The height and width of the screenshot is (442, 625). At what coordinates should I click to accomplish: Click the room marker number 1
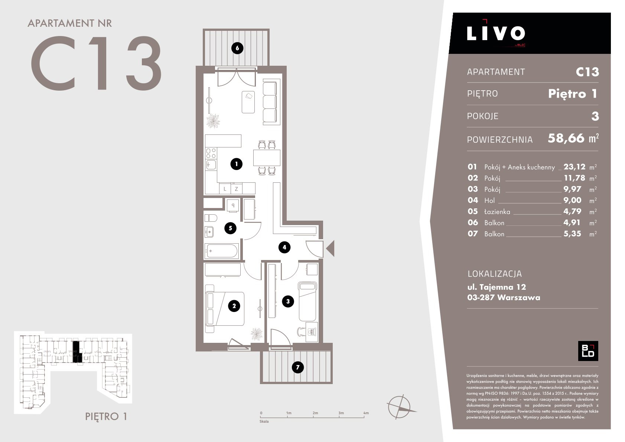pyautogui.click(x=236, y=164)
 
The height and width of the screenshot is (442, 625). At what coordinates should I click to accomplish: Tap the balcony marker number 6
pyautogui.click(x=237, y=48)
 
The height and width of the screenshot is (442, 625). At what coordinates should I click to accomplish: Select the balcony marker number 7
pyautogui.click(x=298, y=367)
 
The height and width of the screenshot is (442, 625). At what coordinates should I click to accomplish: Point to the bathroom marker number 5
pyautogui.click(x=231, y=228)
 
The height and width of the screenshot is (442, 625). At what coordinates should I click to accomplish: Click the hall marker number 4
pyautogui.click(x=284, y=247)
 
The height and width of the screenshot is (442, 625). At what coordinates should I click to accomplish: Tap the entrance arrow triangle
pyautogui.click(x=331, y=248)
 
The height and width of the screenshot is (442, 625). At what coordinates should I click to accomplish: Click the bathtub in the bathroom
pyautogui.click(x=222, y=251)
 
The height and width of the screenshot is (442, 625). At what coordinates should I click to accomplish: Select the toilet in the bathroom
pyautogui.click(x=211, y=218)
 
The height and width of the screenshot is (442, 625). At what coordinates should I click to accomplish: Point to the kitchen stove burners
pyautogui.click(x=211, y=153)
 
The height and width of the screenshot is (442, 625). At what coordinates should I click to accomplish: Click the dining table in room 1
pyautogui.click(x=267, y=157)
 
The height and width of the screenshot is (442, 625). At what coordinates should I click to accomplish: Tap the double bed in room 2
pyautogui.click(x=225, y=309)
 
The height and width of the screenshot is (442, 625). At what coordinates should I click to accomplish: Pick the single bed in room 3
pyautogui.click(x=307, y=301)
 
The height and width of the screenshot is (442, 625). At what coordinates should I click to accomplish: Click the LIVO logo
pyautogui.click(x=496, y=33)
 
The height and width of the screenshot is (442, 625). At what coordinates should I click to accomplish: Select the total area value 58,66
pyautogui.click(x=566, y=138)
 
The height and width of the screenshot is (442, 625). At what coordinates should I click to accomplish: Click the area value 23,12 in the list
pyautogui.click(x=574, y=167)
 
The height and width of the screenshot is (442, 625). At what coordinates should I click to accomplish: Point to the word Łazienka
pyautogui.click(x=497, y=212)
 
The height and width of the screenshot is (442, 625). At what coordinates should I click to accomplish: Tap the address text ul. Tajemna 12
pyautogui.click(x=497, y=287)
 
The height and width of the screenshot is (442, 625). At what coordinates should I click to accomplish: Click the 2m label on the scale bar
pyautogui.click(x=315, y=413)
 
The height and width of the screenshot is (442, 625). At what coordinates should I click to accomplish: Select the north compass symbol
pyautogui.click(x=400, y=407)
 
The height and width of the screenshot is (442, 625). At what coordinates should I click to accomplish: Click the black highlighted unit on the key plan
pyautogui.click(x=77, y=352)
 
